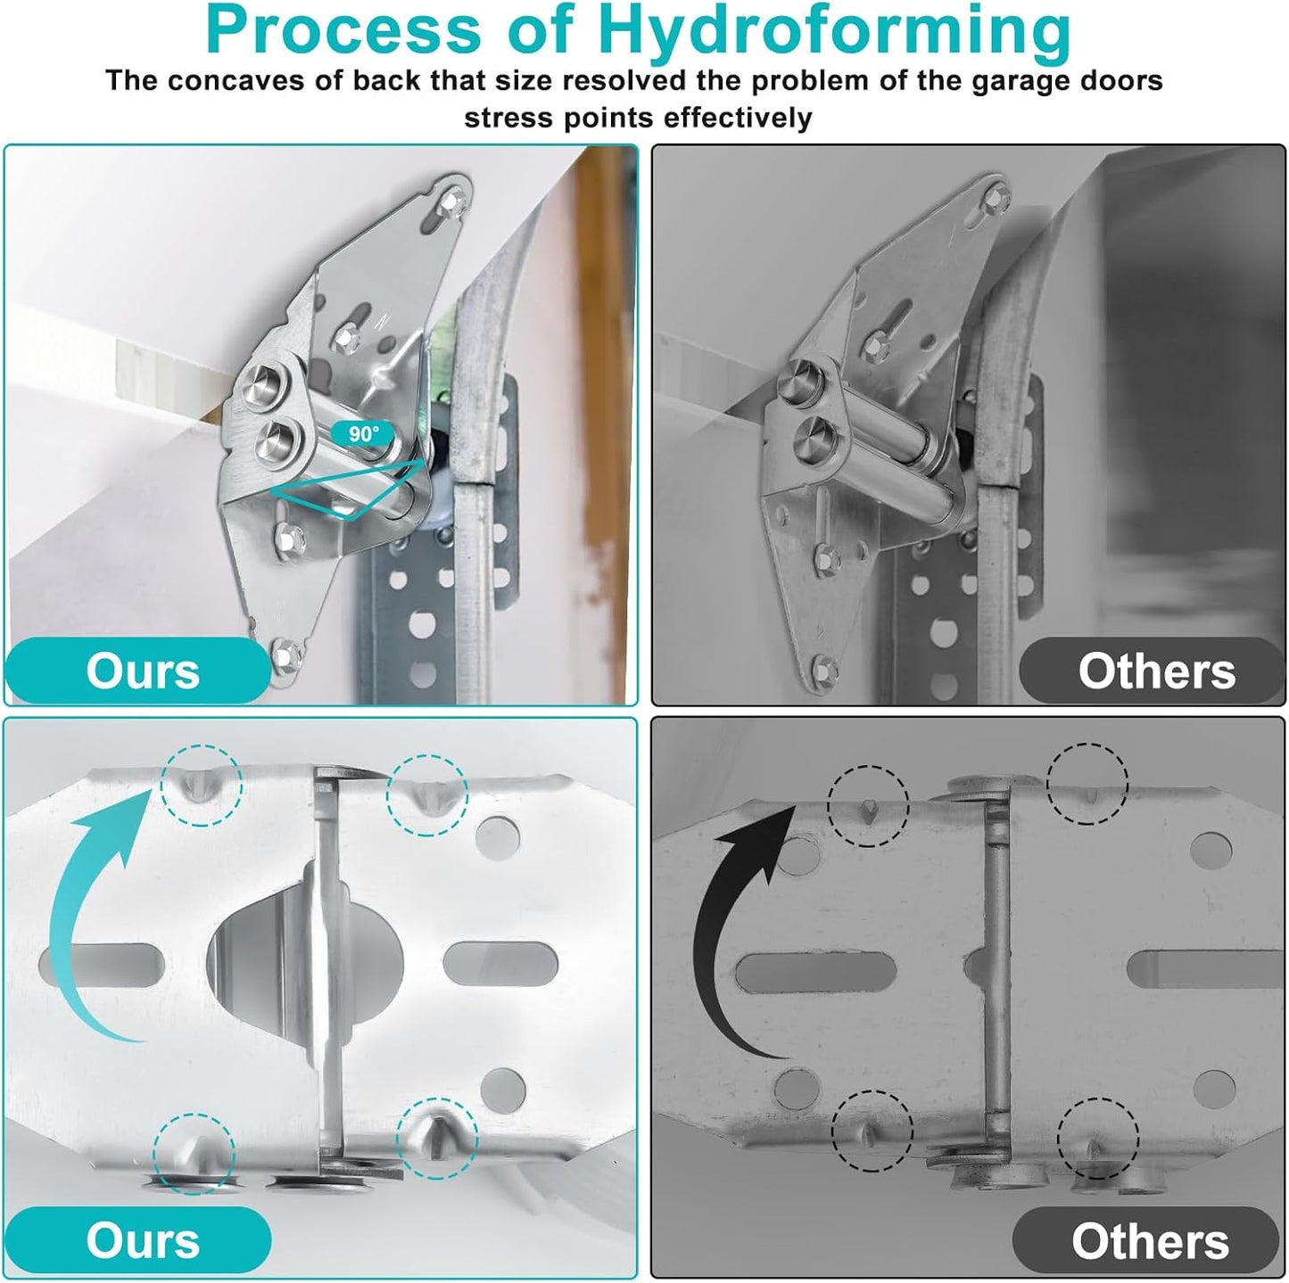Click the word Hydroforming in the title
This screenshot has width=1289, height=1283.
835,30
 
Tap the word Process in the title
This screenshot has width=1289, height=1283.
343,29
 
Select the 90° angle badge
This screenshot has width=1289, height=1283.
363,434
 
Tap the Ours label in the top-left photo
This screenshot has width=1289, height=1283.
143,670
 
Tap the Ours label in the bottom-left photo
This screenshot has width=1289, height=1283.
143,1241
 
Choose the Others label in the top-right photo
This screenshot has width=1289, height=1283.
1157,670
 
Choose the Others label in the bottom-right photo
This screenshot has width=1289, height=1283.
1150,1241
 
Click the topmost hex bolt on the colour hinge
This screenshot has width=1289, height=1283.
456,200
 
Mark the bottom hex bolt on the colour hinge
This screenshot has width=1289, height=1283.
287,654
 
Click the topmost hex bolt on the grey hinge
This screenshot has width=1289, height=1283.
997,196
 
